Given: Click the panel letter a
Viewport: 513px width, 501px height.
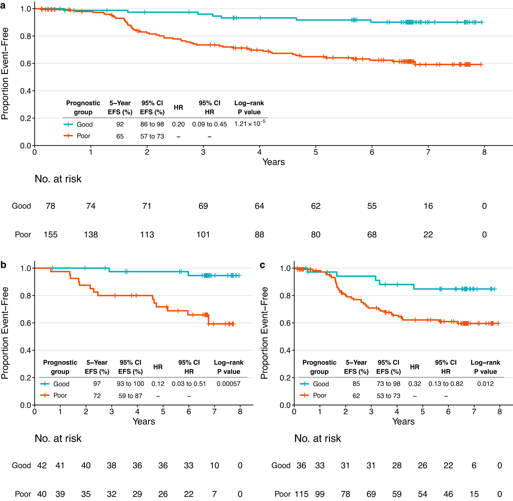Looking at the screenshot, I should pyautogui.click(x=3, y=5).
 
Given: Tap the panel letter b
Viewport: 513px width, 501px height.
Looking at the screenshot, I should pyautogui.click(x=3, y=265).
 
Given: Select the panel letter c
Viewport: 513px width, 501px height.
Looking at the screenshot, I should pyautogui.click(x=262, y=265).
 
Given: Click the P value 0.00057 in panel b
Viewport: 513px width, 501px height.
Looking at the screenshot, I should pyautogui.click(x=228, y=384).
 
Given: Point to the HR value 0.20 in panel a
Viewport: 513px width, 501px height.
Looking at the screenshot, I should pyautogui.click(x=178, y=124).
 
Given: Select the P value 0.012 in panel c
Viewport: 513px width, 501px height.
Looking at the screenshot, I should pyautogui.click(x=485, y=384).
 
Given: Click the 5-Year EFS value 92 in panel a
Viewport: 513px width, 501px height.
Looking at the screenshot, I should pyautogui.click(x=120, y=124).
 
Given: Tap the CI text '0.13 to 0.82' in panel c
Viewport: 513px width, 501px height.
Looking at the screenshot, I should pyautogui.click(x=445, y=384).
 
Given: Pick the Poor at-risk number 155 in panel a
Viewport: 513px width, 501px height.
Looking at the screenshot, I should pyautogui.click(x=50, y=234).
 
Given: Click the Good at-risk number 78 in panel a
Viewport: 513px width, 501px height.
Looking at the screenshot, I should pyautogui.click(x=50, y=206).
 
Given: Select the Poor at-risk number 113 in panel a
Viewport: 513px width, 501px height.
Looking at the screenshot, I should pyautogui.click(x=147, y=234).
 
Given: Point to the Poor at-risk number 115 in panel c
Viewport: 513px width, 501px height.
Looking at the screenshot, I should pyautogui.click(x=301, y=494).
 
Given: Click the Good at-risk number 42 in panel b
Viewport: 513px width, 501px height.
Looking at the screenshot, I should pyautogui.click(x=42, y=465).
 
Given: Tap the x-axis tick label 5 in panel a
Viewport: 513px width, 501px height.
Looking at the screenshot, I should pyautogui.click(x=316, y=152).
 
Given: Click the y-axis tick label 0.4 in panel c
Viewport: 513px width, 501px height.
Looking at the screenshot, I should pyautogui.click(x=285, y=350).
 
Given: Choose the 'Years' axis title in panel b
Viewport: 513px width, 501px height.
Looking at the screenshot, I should pyautogui.click(x=144, y=421).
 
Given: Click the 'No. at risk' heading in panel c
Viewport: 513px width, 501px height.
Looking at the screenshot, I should pyautogui.click(x=317, y=438).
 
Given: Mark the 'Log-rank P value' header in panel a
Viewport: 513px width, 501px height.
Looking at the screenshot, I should pyautogui.click(x=249, y=107).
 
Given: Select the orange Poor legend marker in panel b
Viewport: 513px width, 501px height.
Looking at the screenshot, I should pyautogui.click(x=45, y=395).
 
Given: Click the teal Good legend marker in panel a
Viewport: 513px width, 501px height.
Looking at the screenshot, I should pyautogui.click(x=68, y=124).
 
